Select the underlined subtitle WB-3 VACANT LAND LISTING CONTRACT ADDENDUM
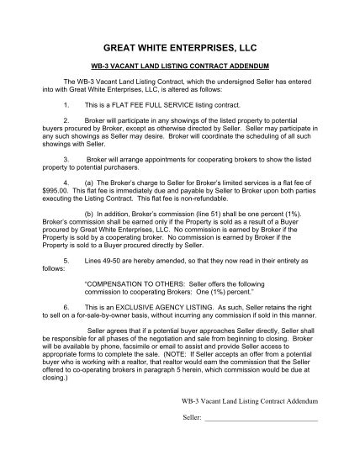(179, 65)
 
